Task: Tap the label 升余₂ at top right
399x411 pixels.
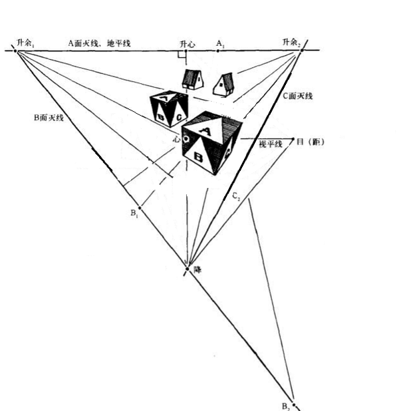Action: [x=291, y=43]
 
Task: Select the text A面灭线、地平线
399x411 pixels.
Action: [x=99, y=43]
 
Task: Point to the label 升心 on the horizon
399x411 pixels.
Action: [x=187, y=44]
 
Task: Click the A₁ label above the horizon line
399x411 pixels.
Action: [x=219, y=43]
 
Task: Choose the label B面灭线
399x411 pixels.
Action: [x=49, y=118]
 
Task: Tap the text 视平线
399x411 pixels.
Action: [x=271, y=144]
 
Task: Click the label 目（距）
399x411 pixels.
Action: [x=311, y=141]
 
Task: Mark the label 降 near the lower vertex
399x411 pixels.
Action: [x=197, y=270]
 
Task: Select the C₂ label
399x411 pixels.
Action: [x=236, y=196]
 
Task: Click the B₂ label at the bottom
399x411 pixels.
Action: [x=285, y=405]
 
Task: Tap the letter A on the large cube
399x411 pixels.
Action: [x=206, y=131]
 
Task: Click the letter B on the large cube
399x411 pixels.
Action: [x=198, y=157]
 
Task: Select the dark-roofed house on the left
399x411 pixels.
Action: [x=194, y=79]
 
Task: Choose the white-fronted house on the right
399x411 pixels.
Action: [x=223, y=84]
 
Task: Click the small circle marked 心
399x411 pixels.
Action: [x=187, y=139]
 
